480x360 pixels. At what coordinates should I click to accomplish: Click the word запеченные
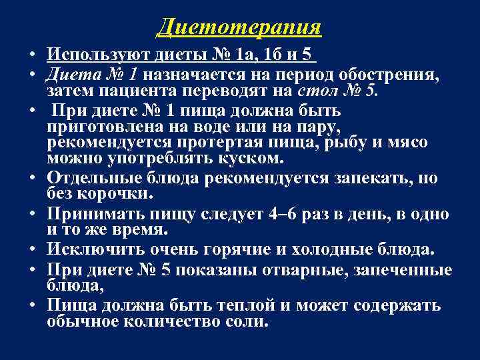coord(407,270)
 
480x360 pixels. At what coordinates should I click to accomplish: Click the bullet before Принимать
coord(31,215)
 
